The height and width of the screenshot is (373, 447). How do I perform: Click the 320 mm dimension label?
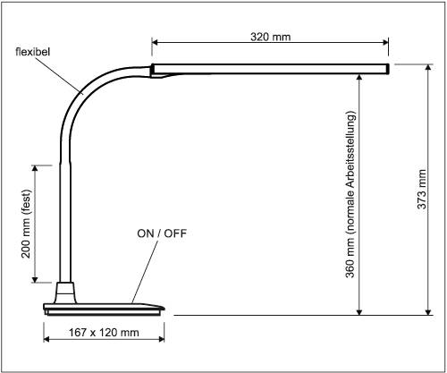(271, 38)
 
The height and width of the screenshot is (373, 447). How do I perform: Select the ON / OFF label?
(162, 233)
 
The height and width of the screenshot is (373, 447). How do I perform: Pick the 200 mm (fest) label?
(26, 224)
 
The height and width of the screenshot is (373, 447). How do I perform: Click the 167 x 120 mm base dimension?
(104, 333)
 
